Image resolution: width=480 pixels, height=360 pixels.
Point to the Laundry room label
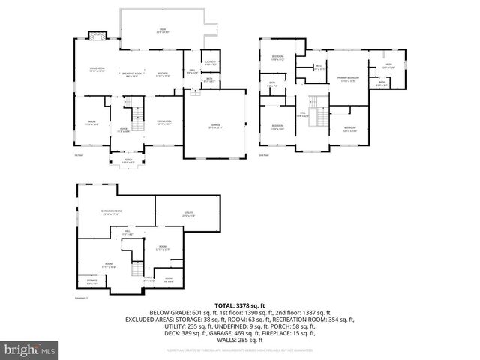[211, 63]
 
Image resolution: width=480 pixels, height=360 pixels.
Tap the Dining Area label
[164, 122]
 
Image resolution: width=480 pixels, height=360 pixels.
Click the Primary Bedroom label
[346, 78]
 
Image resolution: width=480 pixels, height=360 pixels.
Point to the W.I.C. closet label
[319, 67]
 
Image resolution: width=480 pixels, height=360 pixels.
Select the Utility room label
[189, 214]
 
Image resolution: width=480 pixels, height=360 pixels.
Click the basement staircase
[136, 271]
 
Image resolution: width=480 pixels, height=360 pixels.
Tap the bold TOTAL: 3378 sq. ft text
[239, 305]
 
